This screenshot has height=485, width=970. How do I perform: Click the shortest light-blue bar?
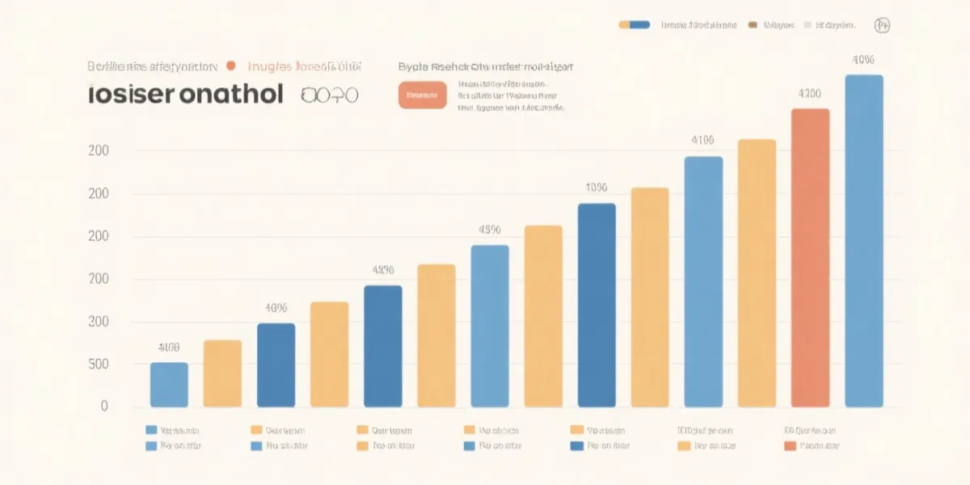169,385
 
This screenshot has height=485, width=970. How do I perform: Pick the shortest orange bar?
222,373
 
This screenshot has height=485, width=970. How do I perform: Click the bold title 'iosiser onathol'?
186,95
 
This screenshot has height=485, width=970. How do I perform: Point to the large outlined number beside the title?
329,95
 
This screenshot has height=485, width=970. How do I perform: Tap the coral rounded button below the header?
422,95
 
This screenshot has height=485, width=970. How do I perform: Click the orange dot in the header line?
231,66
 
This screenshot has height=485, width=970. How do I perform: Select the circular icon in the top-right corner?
883,25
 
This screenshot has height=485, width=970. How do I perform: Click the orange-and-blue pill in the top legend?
635,25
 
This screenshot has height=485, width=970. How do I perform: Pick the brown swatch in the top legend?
753,25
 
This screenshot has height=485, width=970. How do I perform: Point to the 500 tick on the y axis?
99,365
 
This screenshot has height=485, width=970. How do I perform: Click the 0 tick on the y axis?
104,407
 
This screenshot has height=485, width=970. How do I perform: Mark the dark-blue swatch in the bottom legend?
576,445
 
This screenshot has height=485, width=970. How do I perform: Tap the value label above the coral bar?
810,94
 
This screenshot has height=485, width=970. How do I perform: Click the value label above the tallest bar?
863,60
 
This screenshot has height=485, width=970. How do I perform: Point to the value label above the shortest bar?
169,348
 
